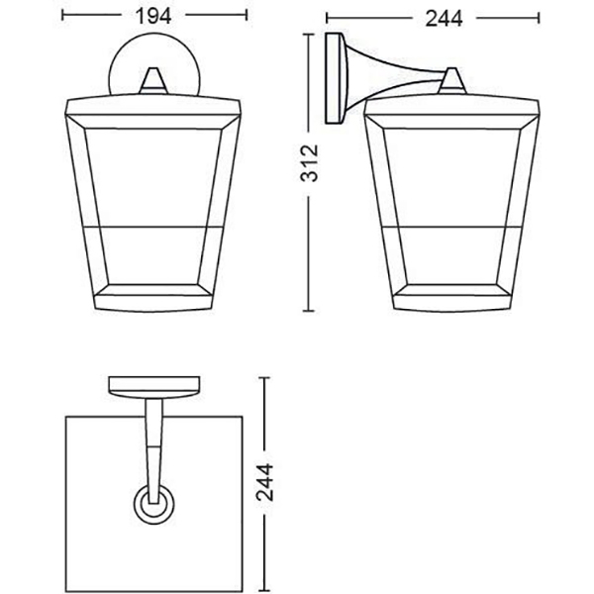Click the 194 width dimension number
tap(153, 16)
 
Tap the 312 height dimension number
tap(309, 163)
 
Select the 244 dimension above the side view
tap(444, 19)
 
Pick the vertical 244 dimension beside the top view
tap(264, 482)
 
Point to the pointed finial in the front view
tap(153, 80)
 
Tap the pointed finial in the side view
tap(451, 80)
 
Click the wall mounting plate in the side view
tap(336, 78)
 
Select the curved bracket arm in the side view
tap(394, 77)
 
